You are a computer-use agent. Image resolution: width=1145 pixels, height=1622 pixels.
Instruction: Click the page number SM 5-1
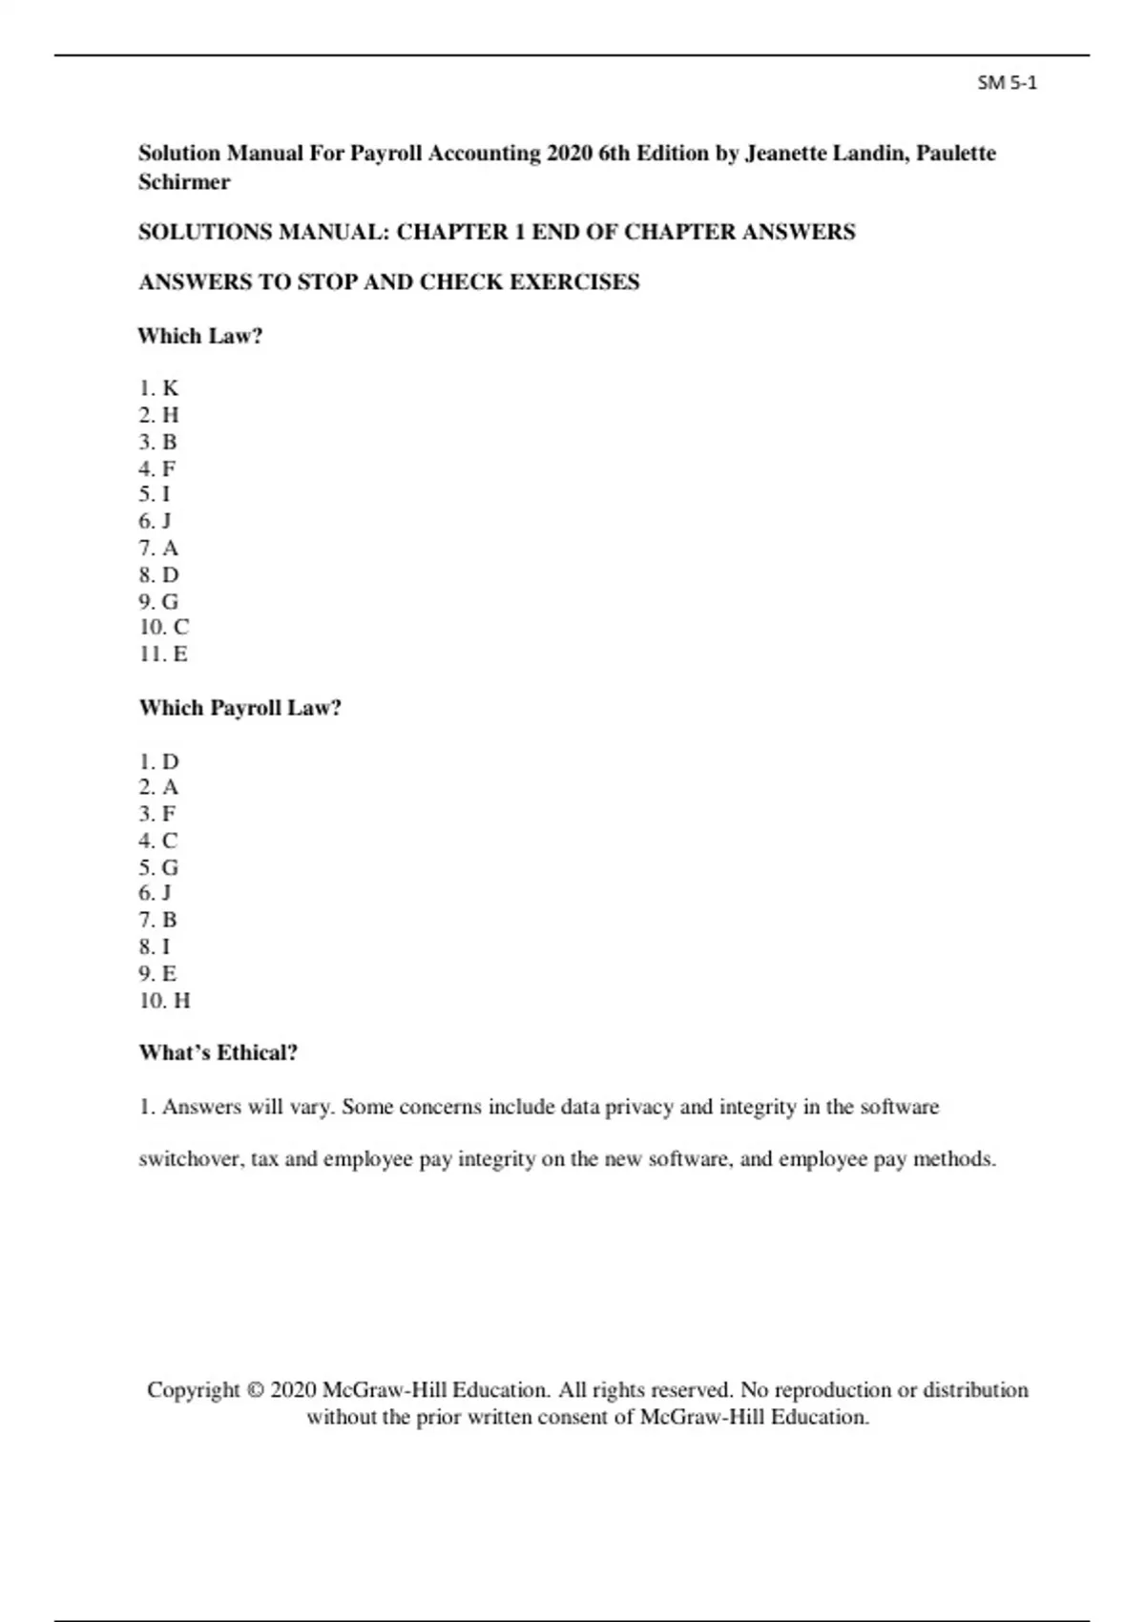(1007, 83)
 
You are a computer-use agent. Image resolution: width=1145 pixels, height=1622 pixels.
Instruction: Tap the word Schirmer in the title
(184, 182)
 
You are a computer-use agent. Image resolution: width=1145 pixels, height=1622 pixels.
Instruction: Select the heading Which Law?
(199, 336)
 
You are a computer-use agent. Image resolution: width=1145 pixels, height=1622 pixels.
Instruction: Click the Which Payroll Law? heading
(239, 708)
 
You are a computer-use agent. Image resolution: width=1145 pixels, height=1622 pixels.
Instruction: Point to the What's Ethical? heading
(218, 1053)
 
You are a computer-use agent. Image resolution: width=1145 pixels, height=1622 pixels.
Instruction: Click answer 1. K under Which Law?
(158, 388)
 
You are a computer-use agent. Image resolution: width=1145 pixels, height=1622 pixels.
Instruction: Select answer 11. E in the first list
(163, 655)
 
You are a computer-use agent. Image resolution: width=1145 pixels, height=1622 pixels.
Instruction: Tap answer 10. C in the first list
(164, 628)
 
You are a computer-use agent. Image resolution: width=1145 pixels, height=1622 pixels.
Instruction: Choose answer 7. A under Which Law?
(158, 549)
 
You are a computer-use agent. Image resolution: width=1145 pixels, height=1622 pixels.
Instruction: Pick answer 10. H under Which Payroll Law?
(164, 1001)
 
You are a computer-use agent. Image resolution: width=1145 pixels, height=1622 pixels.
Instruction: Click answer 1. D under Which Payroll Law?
(158, 762)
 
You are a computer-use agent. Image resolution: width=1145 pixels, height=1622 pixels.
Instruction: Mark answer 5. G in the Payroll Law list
(158, 868)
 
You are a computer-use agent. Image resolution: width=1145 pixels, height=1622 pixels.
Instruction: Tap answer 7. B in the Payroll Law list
(158, 921)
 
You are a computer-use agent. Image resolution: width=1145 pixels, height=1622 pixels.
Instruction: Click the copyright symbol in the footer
(255, 1390)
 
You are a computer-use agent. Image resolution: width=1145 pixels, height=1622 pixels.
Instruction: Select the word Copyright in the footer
(194, 1390)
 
